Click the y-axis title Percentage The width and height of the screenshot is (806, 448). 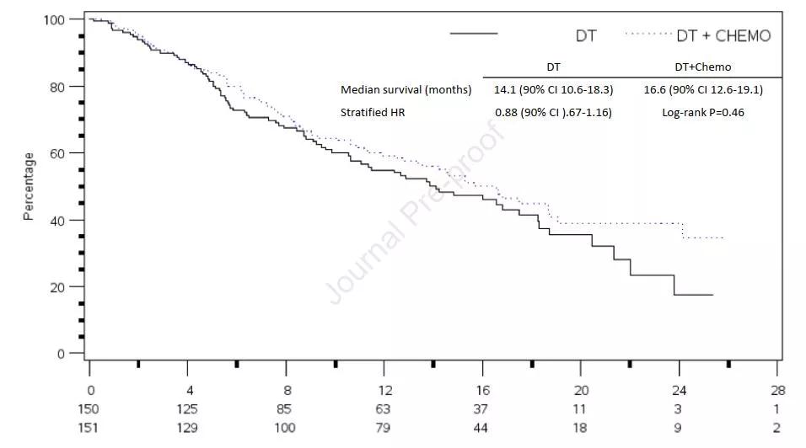coord(29,186)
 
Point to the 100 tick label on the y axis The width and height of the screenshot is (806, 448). coord(56,19)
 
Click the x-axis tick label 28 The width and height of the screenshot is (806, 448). coord(777,391)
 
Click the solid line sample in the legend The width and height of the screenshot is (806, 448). coord(474,35)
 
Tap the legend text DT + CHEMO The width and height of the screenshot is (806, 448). coord(723,36)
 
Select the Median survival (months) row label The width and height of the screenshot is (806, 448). coord(406,90)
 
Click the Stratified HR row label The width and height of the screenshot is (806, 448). coord(372,112)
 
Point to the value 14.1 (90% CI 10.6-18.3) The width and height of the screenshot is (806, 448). coord(553,90)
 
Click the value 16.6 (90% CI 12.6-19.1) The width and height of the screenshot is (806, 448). coord(703,90)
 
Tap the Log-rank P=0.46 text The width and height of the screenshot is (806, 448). coord(702,112)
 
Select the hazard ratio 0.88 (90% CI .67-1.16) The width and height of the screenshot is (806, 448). coord(553,112)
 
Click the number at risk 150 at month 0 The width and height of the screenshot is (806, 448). coord(89,409)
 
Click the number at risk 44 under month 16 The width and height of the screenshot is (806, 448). coord(482,428)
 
